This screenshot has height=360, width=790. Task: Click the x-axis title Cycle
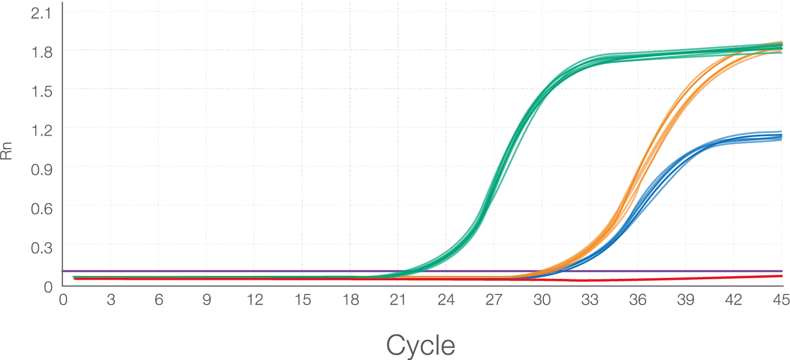pos(420,346)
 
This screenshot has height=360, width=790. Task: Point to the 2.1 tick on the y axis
pos(41,14)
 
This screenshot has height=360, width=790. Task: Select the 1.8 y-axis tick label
pos(41,51)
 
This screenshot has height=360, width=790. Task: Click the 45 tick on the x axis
pos(781,299)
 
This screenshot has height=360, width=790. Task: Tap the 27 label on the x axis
pos(494,299)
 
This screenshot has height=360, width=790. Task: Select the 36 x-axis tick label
pos(638,299)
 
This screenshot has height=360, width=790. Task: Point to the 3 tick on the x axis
pos(110,299)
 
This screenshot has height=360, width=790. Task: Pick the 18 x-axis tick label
pos(350,299)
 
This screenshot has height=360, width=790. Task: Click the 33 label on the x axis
pos(590,299)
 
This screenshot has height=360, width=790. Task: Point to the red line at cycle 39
pos(686,278)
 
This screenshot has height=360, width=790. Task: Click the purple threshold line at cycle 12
pos(254,271)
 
